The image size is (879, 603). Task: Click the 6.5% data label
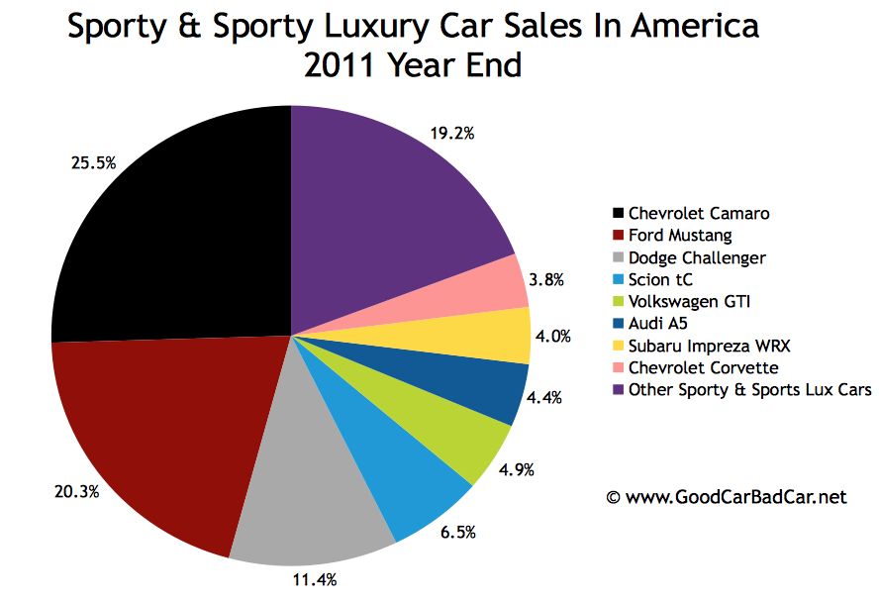click(456, 533)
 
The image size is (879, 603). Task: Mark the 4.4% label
click(545, 398)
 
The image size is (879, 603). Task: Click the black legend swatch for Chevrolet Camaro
click(619, 213)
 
